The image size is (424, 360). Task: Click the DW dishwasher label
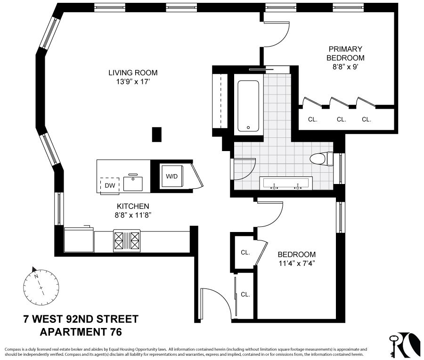click(110, 185)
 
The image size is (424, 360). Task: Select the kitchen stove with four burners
click(127, 240)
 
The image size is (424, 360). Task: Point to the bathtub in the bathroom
click(248, 106)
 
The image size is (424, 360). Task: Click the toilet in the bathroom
click(322, 159)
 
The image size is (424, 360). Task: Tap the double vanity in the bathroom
click(286, 183)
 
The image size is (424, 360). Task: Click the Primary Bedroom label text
click(346, 53)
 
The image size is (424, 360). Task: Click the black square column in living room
click(157, 135)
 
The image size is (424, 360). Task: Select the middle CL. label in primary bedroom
click(342, 120)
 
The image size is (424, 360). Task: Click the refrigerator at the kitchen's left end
click(79, 240)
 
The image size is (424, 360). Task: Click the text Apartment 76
click(81, 332)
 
